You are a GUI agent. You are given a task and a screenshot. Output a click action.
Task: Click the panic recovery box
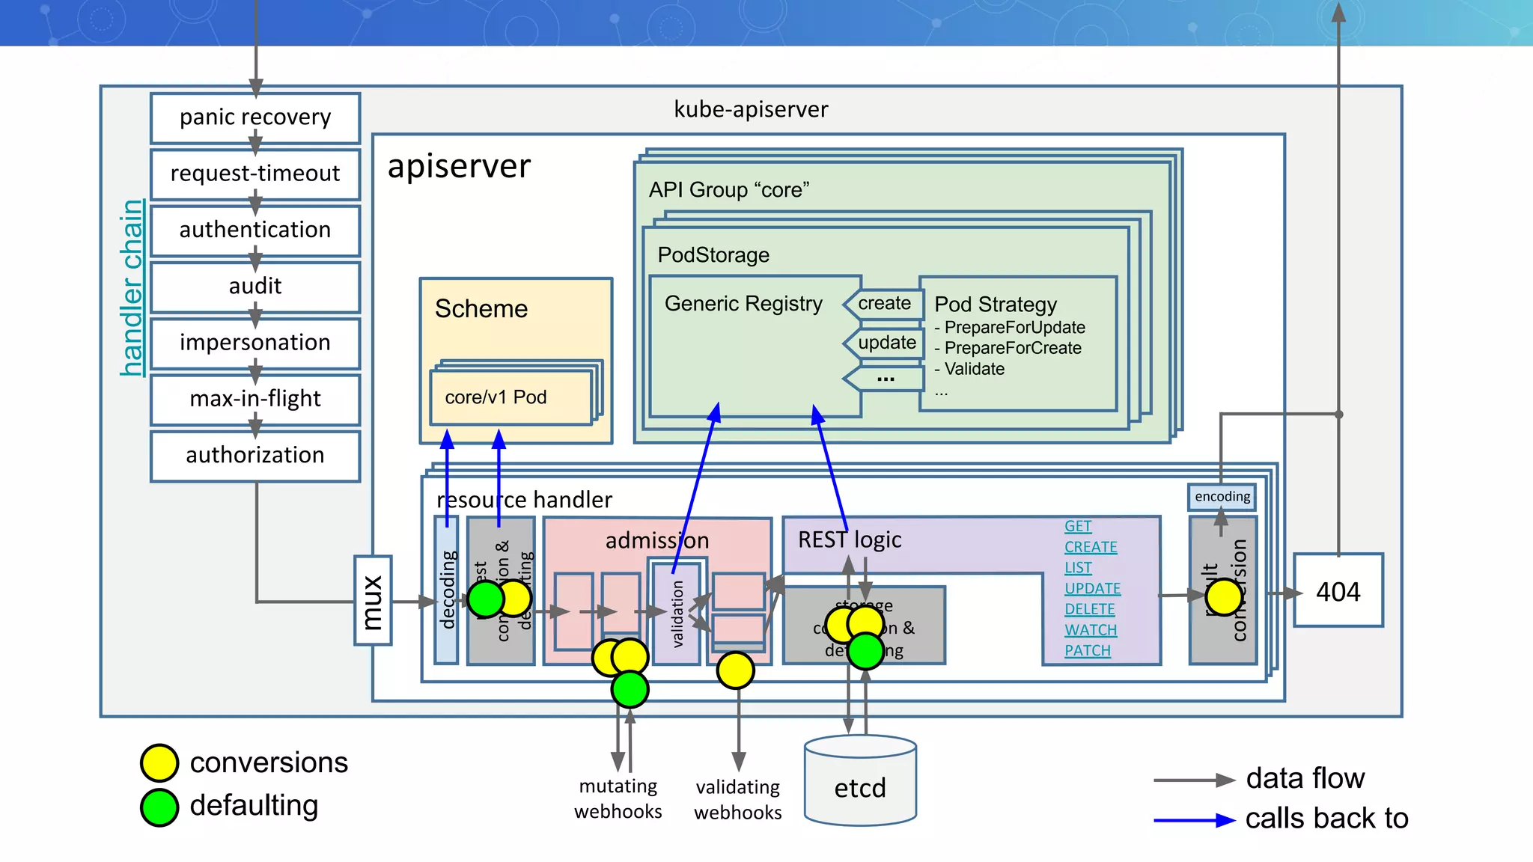tap(255, 117)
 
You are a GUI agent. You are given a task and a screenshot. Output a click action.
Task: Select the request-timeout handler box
tap(255, 174)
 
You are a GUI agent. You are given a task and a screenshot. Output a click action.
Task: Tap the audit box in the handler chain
tap(255, 286)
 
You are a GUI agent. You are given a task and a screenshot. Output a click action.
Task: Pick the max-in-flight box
tap(255, 399)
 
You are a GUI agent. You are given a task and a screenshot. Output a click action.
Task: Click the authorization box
tap(255, 455)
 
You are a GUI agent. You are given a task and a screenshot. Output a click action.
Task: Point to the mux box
tap(373, 600)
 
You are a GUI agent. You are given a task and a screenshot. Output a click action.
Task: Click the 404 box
tap(1338, 591)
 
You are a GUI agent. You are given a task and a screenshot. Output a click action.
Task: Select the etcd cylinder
tap(860, 782)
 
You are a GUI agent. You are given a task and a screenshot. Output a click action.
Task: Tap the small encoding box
tap(1222, 497)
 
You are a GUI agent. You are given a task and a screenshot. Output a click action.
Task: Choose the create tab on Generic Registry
tap(884, 304)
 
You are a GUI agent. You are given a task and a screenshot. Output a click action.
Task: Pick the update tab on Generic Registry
tap(886, 343)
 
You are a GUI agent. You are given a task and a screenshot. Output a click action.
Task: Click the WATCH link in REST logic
tap(1091, 630)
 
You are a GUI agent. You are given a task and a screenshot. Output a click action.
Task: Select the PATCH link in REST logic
tap(1088, 651)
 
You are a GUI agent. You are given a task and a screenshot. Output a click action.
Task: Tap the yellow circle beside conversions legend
tap(159, 762)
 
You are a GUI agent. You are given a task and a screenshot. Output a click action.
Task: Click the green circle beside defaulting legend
tap(159, 807)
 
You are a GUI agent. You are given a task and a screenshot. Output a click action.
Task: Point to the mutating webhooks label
tap(618, 798)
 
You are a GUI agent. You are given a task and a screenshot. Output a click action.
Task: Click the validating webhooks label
tap(738, 799)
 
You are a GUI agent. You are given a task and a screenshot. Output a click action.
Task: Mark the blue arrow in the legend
tap(1193, 820)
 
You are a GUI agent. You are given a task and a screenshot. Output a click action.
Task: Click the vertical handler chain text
tap(132, 288)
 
